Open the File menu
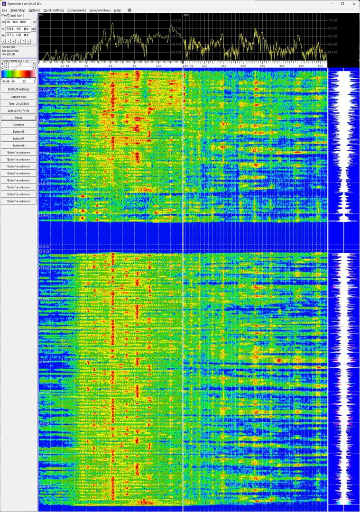[4, 10]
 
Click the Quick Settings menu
[54, 10]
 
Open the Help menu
[117, 10]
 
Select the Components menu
[77, 10]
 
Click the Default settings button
[18, 89]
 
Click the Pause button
[18, 117]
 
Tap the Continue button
[18, 124]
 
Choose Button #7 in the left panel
[18, 138]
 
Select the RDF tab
[20, 16]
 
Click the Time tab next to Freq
[12, 16]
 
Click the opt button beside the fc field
[34, 29]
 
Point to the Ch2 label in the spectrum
[186, 15]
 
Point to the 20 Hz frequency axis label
[65, 65]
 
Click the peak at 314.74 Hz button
[18, 110]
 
